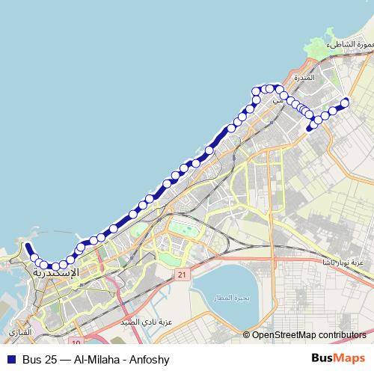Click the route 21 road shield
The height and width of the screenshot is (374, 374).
(x=182, y=275)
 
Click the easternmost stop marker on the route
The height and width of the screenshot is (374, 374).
(x=345, y=102)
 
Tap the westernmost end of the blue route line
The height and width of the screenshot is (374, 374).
(x=27, y=246)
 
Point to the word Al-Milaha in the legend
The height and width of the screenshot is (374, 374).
(x=95, y=358)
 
